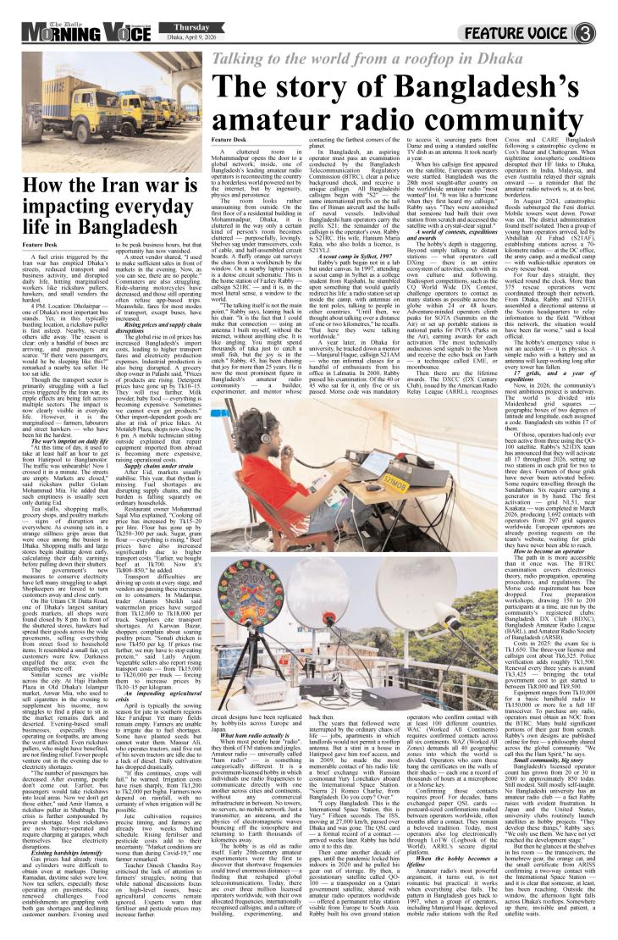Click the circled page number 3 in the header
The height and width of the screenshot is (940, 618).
click(x=604, y=14)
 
